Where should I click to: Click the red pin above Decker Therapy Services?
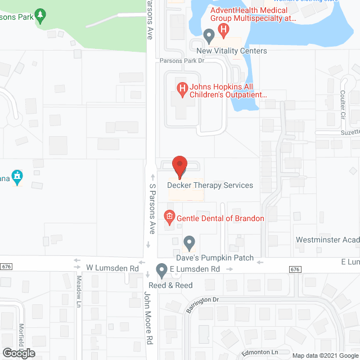(x=179, y=165)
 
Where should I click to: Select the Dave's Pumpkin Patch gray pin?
(x=190, y=243)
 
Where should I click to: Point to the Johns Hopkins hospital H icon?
(x=182, y=88)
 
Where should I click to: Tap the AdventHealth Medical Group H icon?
(x=224, y=29)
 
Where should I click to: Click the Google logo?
(x=18, y=353)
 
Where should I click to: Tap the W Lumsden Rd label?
(x=112, y=269)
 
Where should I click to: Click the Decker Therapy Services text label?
(x=210, y=185)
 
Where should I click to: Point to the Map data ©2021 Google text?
(x=323, y=355)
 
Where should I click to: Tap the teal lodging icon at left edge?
(x=17, y=177)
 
